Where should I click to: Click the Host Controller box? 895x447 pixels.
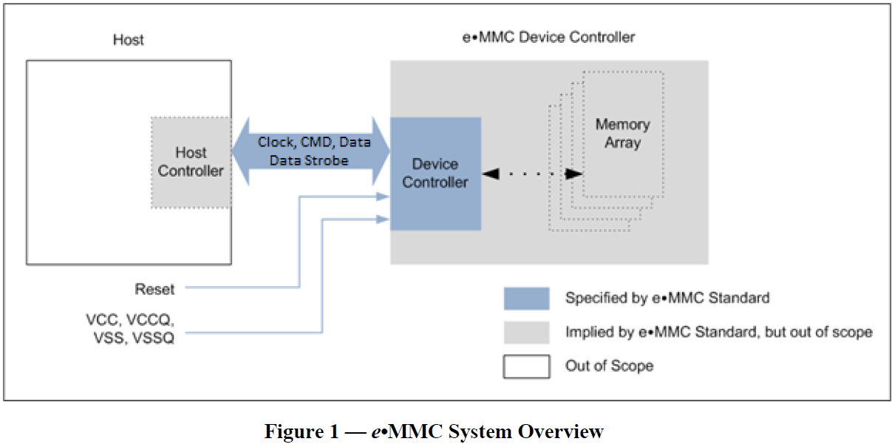191,162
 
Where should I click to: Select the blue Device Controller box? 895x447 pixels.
435,174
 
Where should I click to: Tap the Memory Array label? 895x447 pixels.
622,133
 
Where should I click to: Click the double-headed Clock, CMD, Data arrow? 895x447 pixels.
311,151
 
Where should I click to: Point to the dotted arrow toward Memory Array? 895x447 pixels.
531,174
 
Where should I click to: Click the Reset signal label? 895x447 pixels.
154,288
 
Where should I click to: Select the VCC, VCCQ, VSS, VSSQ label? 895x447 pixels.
129,330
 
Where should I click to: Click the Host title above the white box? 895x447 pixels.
129,39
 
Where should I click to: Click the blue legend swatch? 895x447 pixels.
526,298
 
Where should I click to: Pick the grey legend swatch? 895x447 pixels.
526,332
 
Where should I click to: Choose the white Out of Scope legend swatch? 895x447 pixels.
526,366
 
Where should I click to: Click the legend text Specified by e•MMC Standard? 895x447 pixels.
667,298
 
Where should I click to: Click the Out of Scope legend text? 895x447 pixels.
609,366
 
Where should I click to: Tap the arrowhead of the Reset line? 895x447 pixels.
383,197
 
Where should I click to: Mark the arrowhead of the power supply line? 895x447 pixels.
383,219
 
